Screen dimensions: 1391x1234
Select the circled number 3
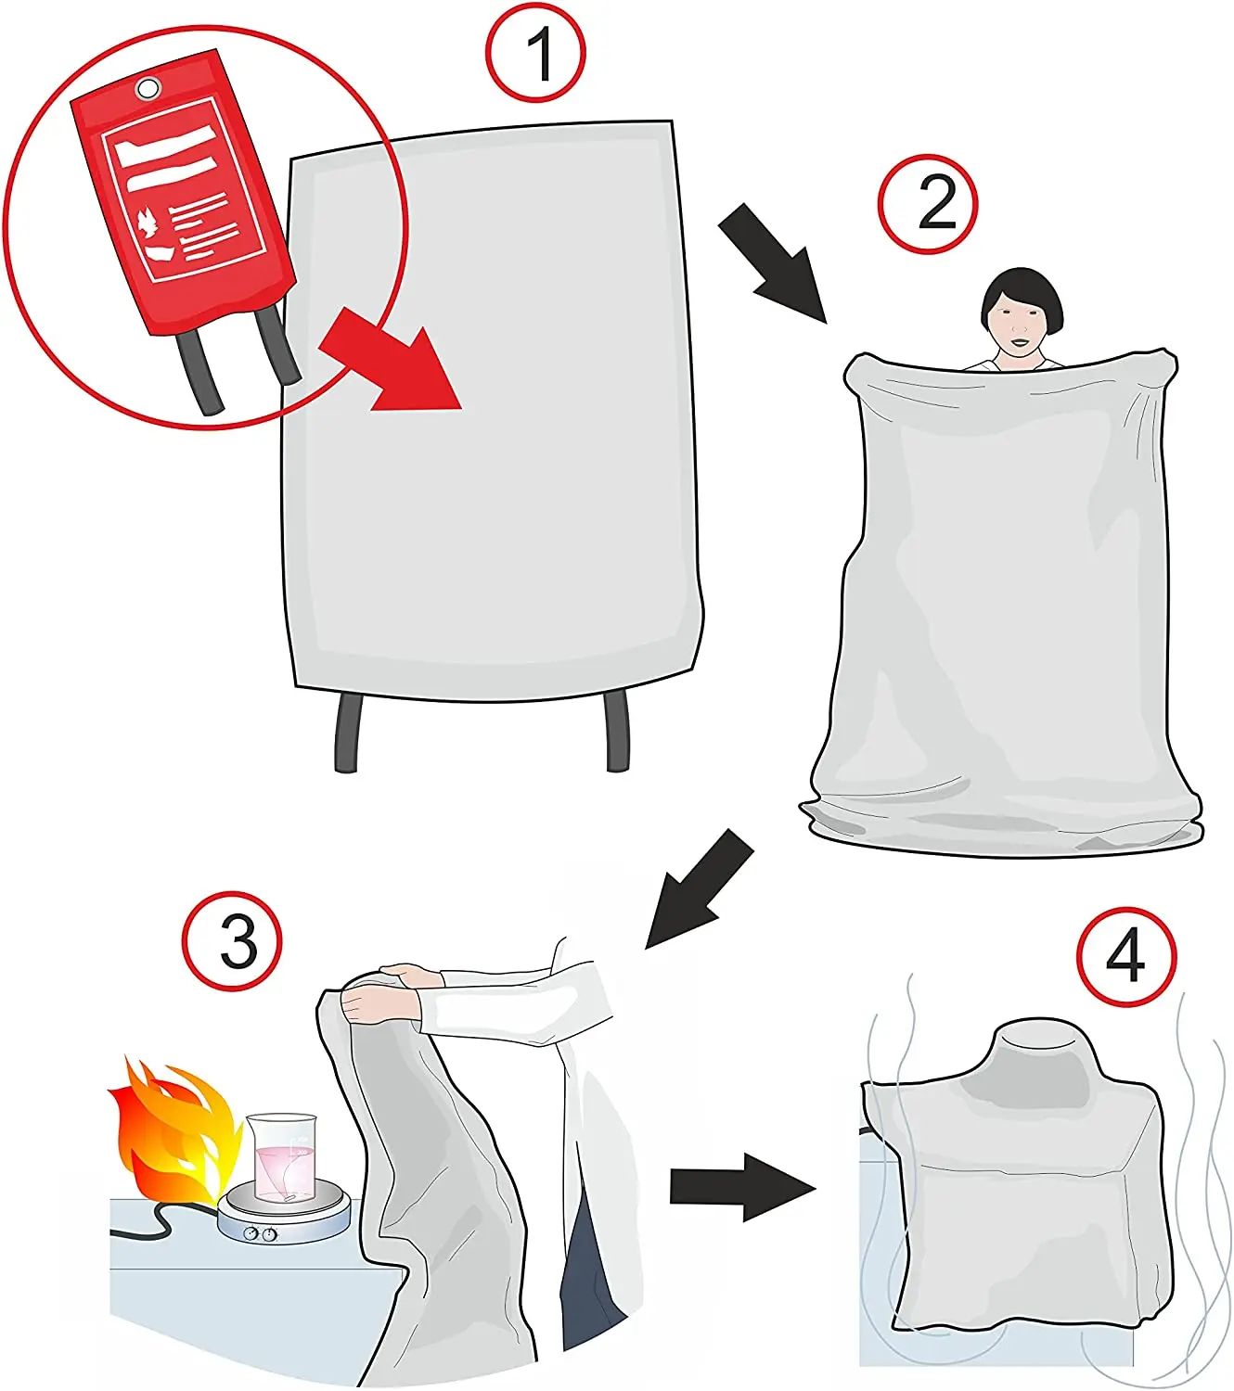(x=232, y=943)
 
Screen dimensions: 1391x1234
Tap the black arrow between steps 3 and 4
(x=740, y=1188)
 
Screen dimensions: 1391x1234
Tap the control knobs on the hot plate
(x=260, y=1233)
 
